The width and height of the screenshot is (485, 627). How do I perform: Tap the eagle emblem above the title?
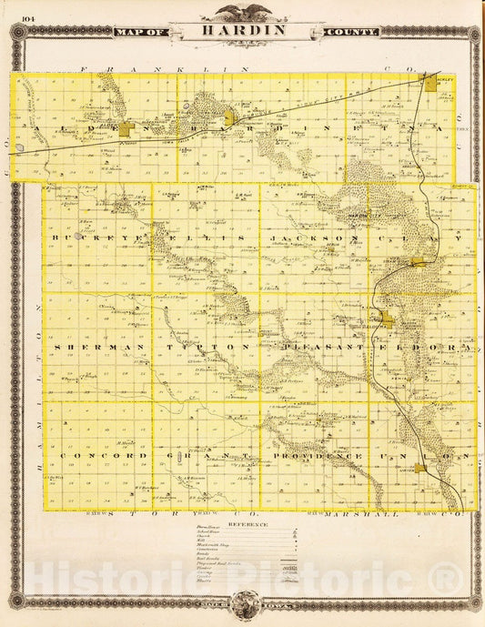pyautogui.click(x=242, y=12)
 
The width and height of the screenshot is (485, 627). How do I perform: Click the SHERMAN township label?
pyautogui.click(x=89, y=348)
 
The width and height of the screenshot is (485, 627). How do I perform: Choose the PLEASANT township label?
pyautogui.click(x=315, y=348)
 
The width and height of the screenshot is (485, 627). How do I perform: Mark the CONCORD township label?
pyautogui.click(x=89, y=455)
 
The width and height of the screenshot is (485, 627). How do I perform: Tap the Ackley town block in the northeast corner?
pyautogui.click(x=428, y=84)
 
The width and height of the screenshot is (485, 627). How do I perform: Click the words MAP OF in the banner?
pyautogui.click(x=142, y=32)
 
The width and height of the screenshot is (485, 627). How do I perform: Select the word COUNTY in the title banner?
pyautogui.click(x=349, y=32)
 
